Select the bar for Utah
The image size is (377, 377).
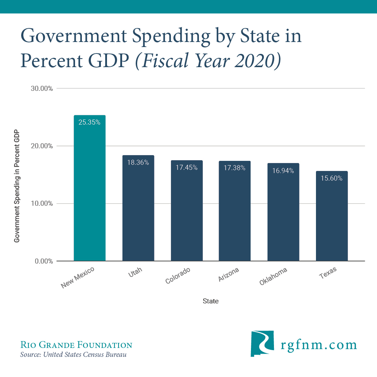[138, 212]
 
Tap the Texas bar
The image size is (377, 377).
[332, 219]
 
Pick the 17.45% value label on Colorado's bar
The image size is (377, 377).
[187, 168]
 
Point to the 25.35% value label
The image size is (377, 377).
[89, 122]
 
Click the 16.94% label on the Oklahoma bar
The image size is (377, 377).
[283, 171]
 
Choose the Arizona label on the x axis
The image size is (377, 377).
[229, 274]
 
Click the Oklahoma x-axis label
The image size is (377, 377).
[273, 277]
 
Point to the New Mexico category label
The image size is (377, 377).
[78, 278]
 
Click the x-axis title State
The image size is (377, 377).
[211, 301]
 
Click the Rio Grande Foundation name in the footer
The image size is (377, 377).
[76, 345]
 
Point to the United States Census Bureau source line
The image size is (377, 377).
[74, 355]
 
